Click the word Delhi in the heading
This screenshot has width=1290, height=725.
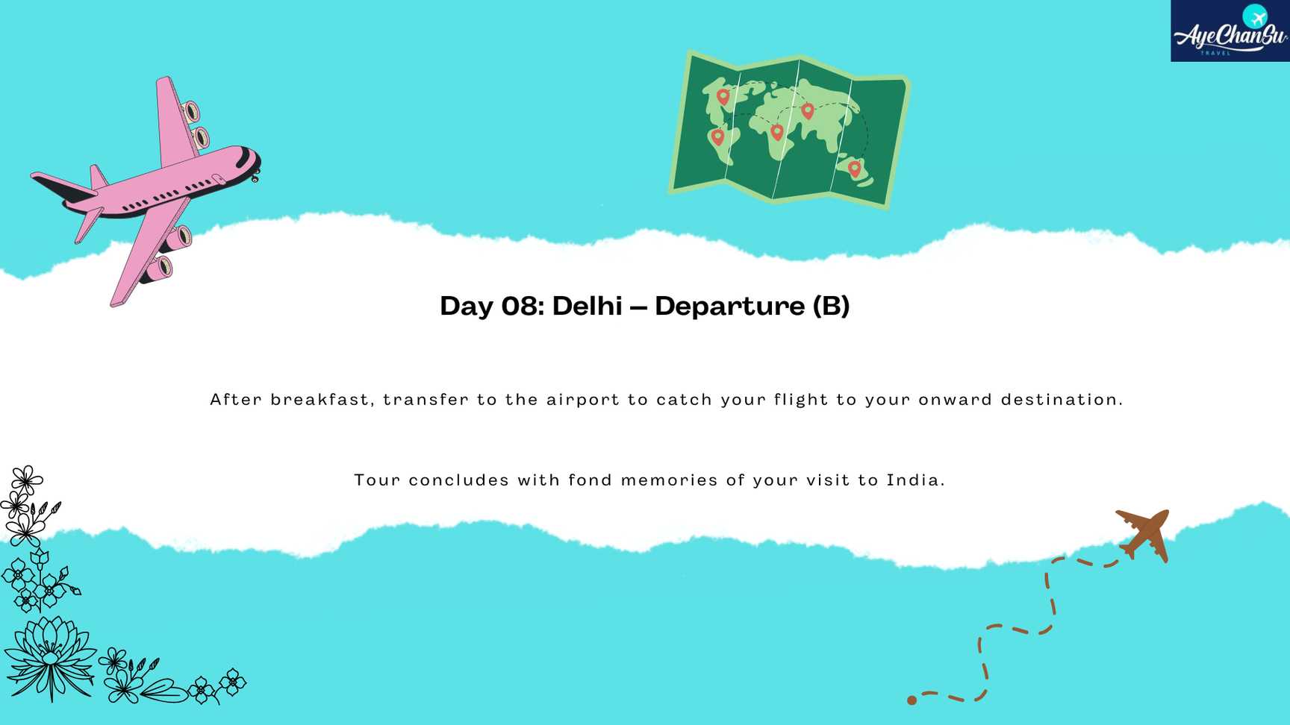point(587,306)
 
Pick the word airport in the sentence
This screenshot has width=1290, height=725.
point(583,400)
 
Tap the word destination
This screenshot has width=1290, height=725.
point(1062,399)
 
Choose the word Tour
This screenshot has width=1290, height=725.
point(378,480)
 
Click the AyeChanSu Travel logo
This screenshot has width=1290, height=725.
point(1230,31)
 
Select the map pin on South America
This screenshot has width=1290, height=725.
point(717,137)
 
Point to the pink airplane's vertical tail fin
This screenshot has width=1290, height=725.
point(98,178)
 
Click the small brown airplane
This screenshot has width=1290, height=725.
point(1143,535)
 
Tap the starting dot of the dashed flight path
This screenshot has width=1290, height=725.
point(912,700)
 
